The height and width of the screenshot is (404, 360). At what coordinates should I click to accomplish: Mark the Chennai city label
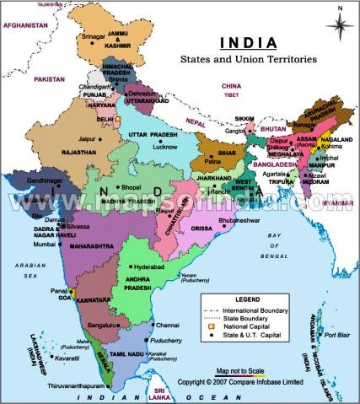coord(168,325)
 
